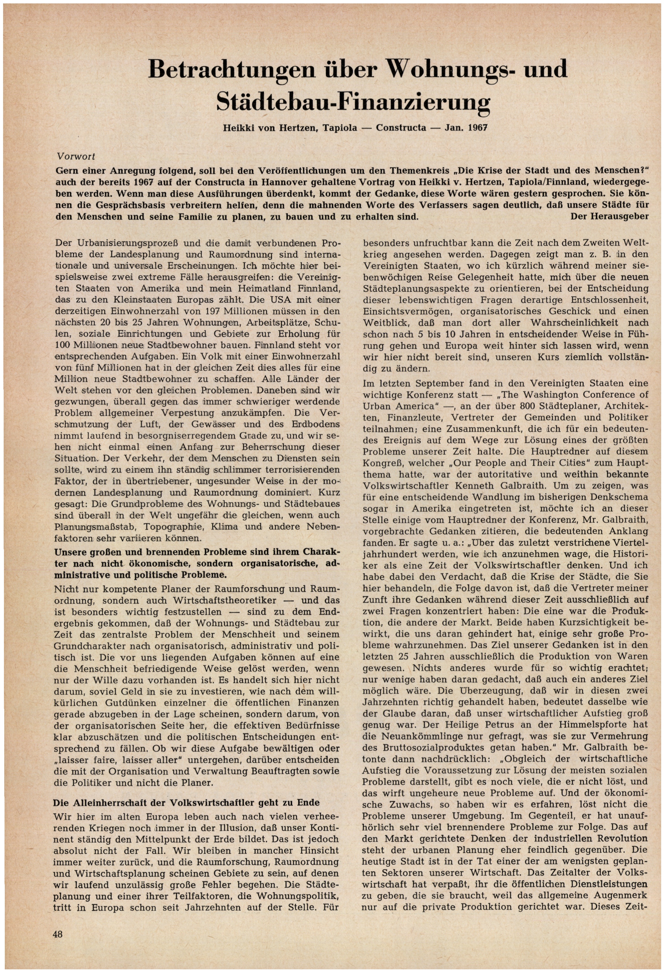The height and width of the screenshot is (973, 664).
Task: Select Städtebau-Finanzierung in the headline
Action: (x=353, y=101)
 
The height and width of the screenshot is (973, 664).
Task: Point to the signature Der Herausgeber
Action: (x=609, y=217)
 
